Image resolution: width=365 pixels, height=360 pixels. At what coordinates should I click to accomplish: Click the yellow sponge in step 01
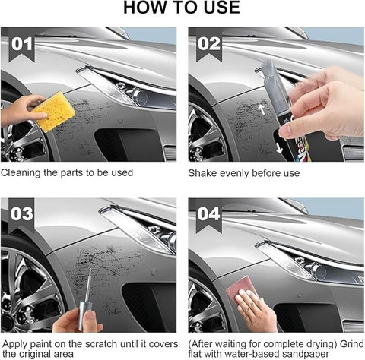(54, 112)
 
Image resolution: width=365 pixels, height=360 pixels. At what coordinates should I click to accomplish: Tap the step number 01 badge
(22, 45)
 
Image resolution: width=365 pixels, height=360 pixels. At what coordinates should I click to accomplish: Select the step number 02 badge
(209, 45)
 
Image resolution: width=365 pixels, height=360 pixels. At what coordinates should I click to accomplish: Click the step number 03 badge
(21, 215)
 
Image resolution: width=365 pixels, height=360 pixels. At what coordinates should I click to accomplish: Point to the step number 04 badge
(209, 215)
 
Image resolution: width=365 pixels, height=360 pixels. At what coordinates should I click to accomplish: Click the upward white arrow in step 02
(262, 109)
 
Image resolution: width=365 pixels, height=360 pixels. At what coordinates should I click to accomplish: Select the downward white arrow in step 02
(279, 148)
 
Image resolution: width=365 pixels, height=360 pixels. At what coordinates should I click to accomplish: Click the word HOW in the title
(142, 8)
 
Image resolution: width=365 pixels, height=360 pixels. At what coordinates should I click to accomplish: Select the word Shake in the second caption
(202, 173)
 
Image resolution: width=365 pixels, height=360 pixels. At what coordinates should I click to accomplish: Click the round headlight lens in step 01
(140, 97)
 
